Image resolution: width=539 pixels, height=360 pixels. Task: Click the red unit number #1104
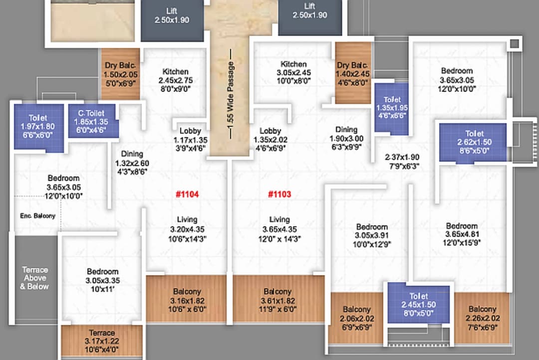click(187, 194)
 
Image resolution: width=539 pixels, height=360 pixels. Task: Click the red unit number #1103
click(279, 194)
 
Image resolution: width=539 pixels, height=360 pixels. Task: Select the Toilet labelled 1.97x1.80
click(37, 127)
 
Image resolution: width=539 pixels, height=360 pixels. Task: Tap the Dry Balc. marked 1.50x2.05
click(120, 74)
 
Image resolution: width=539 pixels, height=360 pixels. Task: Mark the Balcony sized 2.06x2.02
click(356, 318)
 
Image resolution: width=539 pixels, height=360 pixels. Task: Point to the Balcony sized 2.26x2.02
click(482, 318)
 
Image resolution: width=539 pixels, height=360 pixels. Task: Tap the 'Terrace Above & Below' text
click(35, 278)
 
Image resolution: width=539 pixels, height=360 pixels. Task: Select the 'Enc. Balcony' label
click(37, 216)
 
